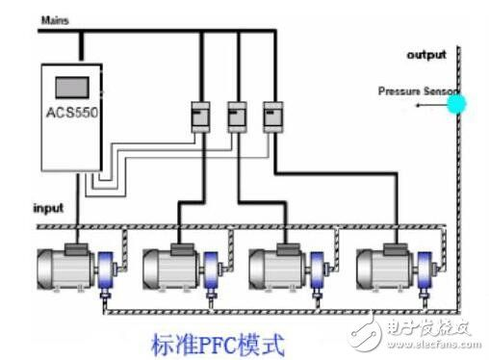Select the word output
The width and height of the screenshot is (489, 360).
[x=426, y=54]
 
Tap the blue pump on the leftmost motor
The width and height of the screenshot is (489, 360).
[x=106, y=272]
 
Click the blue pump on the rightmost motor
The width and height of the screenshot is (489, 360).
[x=425, y=272]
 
